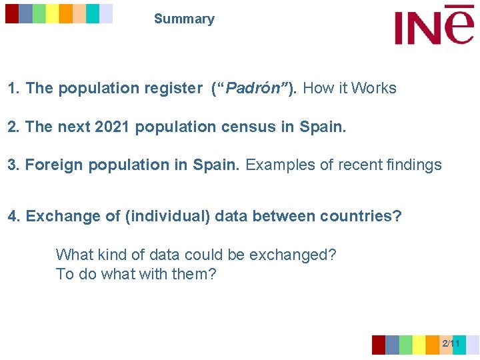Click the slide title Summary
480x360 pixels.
(184, 19)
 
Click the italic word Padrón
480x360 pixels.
(255, 88)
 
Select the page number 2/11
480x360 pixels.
(451, 343)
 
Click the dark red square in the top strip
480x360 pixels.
(12, 13)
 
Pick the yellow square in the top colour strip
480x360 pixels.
(52, 13)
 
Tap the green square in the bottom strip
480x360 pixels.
(405, 345)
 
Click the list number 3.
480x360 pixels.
(12, 165)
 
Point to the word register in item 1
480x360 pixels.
(175, 88)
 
